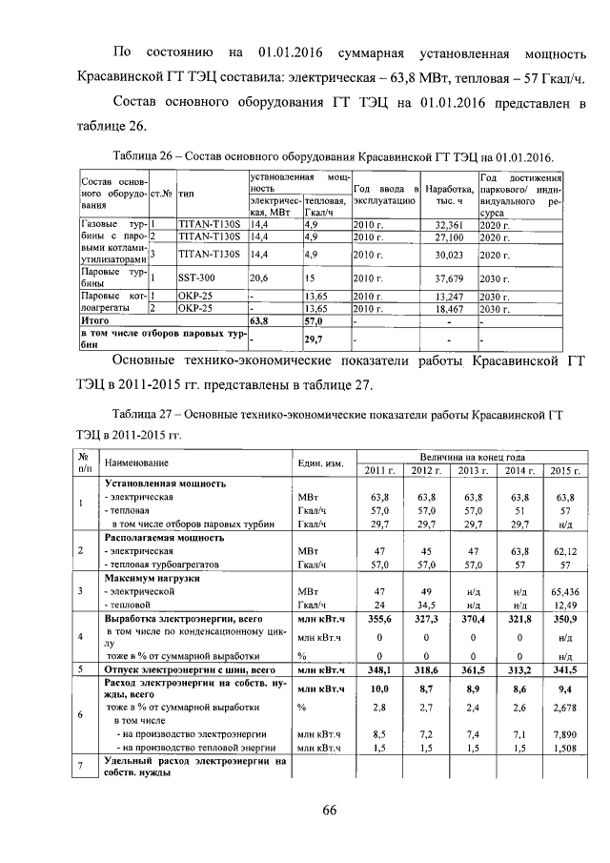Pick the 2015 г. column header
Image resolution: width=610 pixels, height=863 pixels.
click(x=565, y=471)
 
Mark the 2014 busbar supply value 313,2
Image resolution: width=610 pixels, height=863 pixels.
click(x=518, y=671)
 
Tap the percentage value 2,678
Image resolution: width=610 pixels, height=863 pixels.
click(x=565, y=708)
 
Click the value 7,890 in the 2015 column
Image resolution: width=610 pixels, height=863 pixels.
click(x=565, y=736)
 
